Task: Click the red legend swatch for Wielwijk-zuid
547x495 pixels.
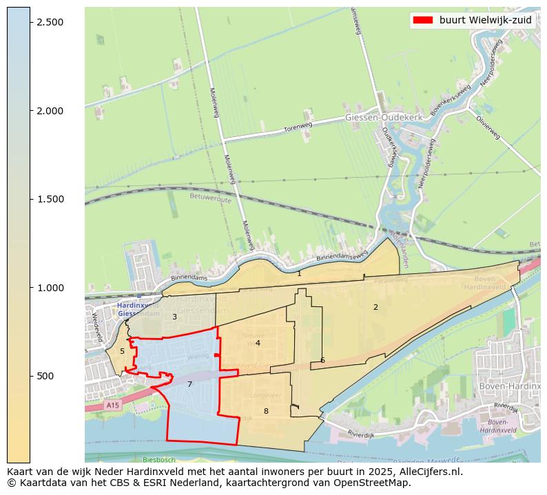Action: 422,20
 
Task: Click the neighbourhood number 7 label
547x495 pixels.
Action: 189,384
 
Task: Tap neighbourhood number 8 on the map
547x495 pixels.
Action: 266,411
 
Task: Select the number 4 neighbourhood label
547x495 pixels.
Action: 258,343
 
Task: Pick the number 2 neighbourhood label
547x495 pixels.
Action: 375,307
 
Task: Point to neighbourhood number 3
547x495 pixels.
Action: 174,317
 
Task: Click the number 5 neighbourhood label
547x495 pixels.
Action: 123,351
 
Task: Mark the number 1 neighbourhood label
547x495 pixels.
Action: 299,273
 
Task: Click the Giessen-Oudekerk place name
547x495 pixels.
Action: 383,118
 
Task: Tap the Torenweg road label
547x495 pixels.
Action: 298,127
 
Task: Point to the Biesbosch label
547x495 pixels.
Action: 159,459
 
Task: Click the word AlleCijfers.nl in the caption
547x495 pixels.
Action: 427,472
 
